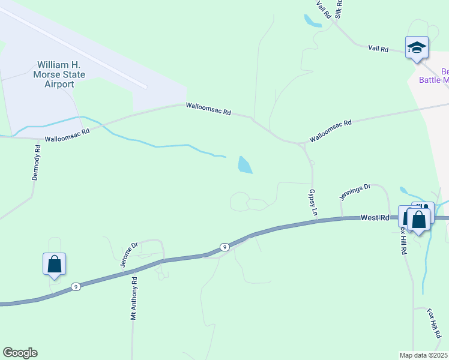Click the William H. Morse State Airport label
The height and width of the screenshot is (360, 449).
pos(61,74)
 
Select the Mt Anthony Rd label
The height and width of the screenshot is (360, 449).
pos(134,298)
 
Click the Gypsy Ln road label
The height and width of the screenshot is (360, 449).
pos(312,203)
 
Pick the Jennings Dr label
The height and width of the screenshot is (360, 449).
pos(355,192)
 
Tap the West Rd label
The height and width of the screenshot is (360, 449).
pos(375,218)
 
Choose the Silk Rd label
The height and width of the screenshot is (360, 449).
pos(340,8)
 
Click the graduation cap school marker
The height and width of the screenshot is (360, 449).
pos(417,47)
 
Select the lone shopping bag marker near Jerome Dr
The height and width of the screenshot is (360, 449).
pos(54,264)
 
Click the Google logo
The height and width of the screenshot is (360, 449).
pos(20,353)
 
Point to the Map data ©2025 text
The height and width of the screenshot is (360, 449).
pos(424,355)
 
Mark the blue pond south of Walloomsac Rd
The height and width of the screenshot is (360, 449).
pos(245,165)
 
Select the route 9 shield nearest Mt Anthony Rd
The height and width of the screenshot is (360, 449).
pos(76,287)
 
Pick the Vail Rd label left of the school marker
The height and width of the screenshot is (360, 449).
pos(378,48)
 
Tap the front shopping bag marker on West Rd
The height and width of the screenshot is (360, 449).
pos(419,219)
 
